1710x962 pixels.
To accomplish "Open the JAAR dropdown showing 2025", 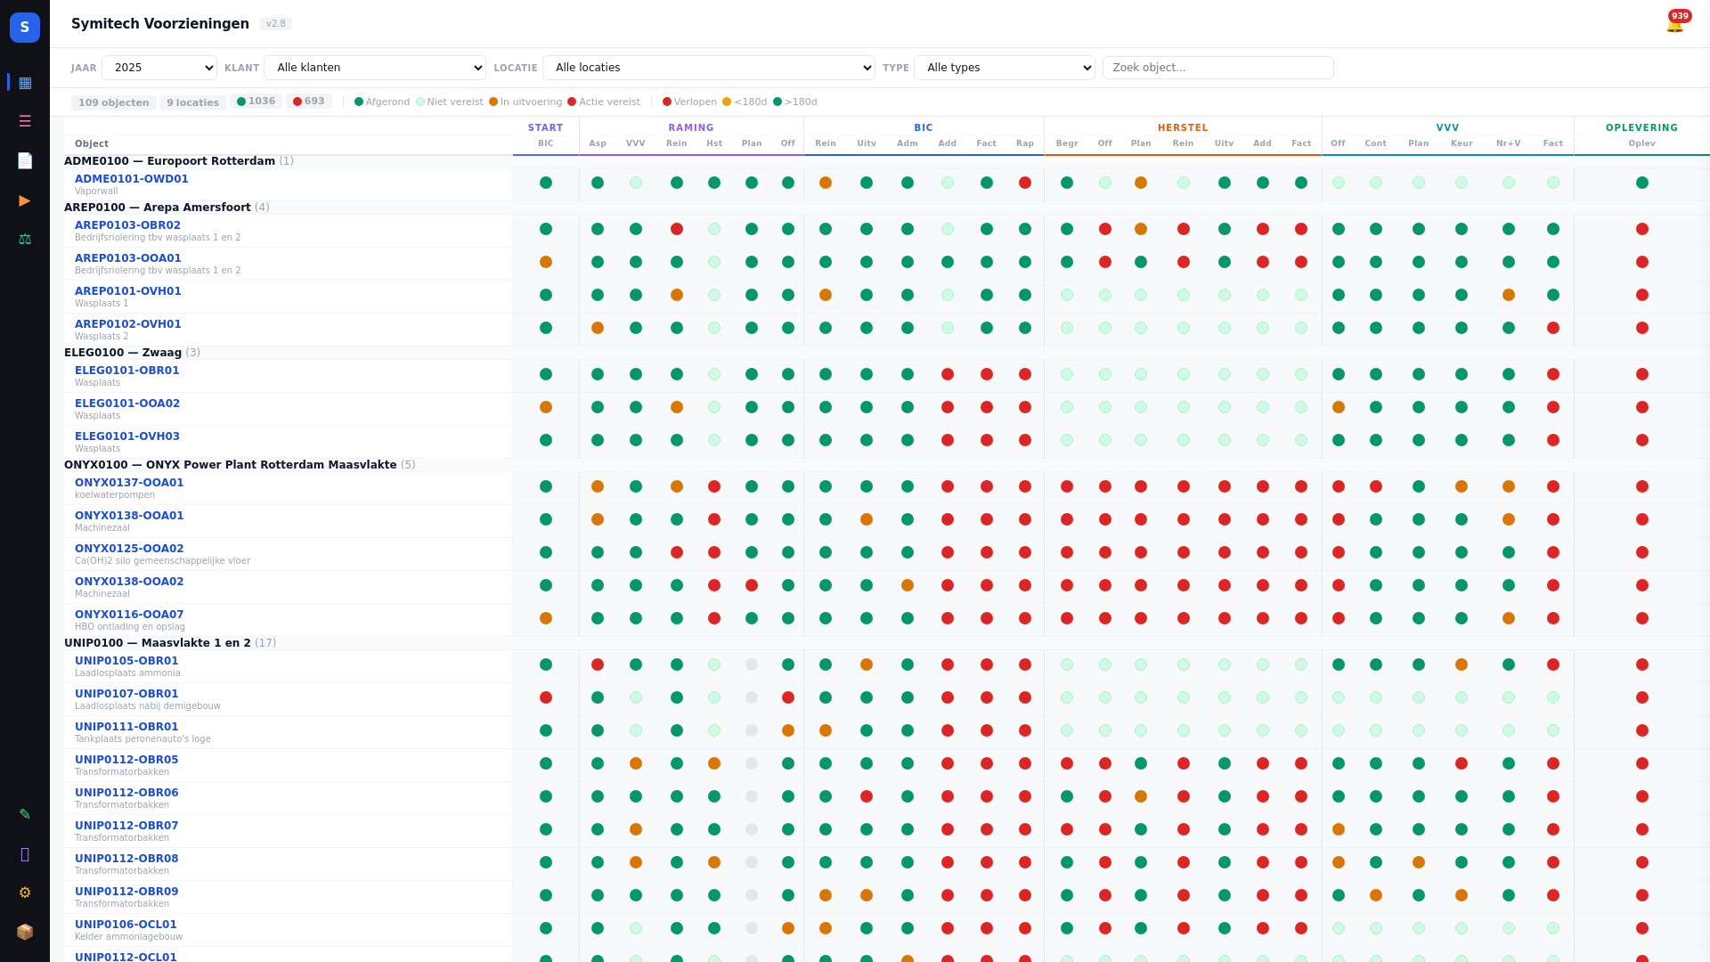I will tap(159, 68).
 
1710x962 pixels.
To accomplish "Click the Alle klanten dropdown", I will tap(375, 68).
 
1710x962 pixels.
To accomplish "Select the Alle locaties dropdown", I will tap(709, 68).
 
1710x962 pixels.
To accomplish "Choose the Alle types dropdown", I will tap(1005, 68).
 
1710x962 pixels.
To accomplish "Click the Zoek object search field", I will tap(1217, 68).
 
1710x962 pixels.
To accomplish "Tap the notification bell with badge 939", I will tap(1674, 24).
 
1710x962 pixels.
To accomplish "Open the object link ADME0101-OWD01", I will tap(132, 179).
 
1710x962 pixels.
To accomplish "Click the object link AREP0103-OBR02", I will tap(127, 225).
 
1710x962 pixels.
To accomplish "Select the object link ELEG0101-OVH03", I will tap(127, 436).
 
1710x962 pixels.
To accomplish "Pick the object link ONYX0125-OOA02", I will tap(129, 549).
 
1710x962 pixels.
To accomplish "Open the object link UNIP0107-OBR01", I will tap(126, 694).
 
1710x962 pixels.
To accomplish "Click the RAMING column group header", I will tap(691, 127).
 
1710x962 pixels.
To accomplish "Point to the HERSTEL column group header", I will tap(1183, 127).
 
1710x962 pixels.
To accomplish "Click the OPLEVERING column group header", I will tap(1641, 127).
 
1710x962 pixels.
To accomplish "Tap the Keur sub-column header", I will tap(1462, 143).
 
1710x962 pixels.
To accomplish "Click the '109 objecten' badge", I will tap(114, 102).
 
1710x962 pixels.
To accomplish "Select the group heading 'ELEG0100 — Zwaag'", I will tap(123, 353).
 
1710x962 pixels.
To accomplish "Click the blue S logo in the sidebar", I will tap(25, 28).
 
